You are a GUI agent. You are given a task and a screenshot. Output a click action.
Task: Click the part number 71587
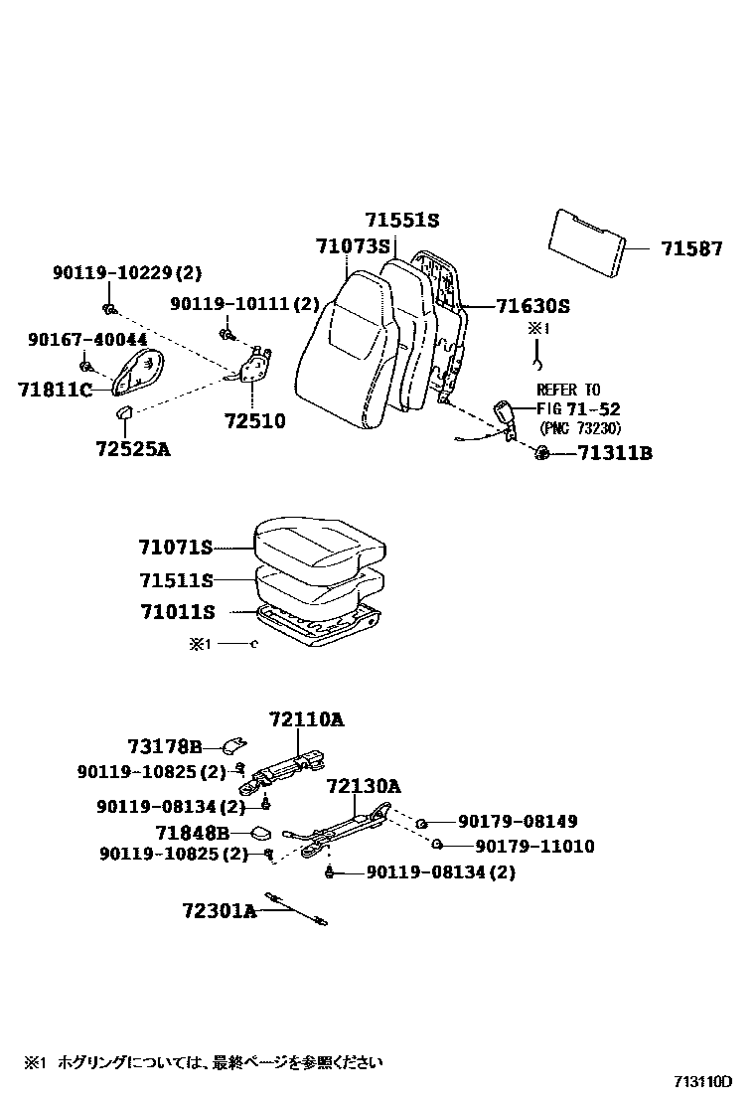click(x=691, y=249)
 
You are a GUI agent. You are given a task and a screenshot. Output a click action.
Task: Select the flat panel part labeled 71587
click(x=586, y=243)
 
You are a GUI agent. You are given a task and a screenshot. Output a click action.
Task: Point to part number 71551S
click(x=401, y=221)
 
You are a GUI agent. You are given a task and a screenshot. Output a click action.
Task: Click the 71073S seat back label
click(x=354, y=245)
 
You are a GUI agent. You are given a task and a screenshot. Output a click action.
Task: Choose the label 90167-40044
click(x=87, y=340)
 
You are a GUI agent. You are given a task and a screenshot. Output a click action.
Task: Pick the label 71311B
click(x=616, y=454)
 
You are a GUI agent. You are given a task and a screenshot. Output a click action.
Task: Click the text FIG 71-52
click(x=578, y=408)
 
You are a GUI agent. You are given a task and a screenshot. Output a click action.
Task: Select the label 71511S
click(x=176, y=579)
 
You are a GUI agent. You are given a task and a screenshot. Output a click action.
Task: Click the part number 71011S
click(x=176, y=612)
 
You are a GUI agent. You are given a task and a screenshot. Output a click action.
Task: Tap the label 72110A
click(x=307, y=718)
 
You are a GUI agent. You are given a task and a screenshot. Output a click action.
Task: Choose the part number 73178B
click(x=165, y=746)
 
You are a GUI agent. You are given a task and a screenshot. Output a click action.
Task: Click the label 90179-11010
click(x=534, y=847)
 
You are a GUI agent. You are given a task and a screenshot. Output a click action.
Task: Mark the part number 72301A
click(x=219, y=909)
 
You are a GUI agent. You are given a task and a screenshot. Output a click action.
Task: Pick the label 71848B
click(x=193, y=833)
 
